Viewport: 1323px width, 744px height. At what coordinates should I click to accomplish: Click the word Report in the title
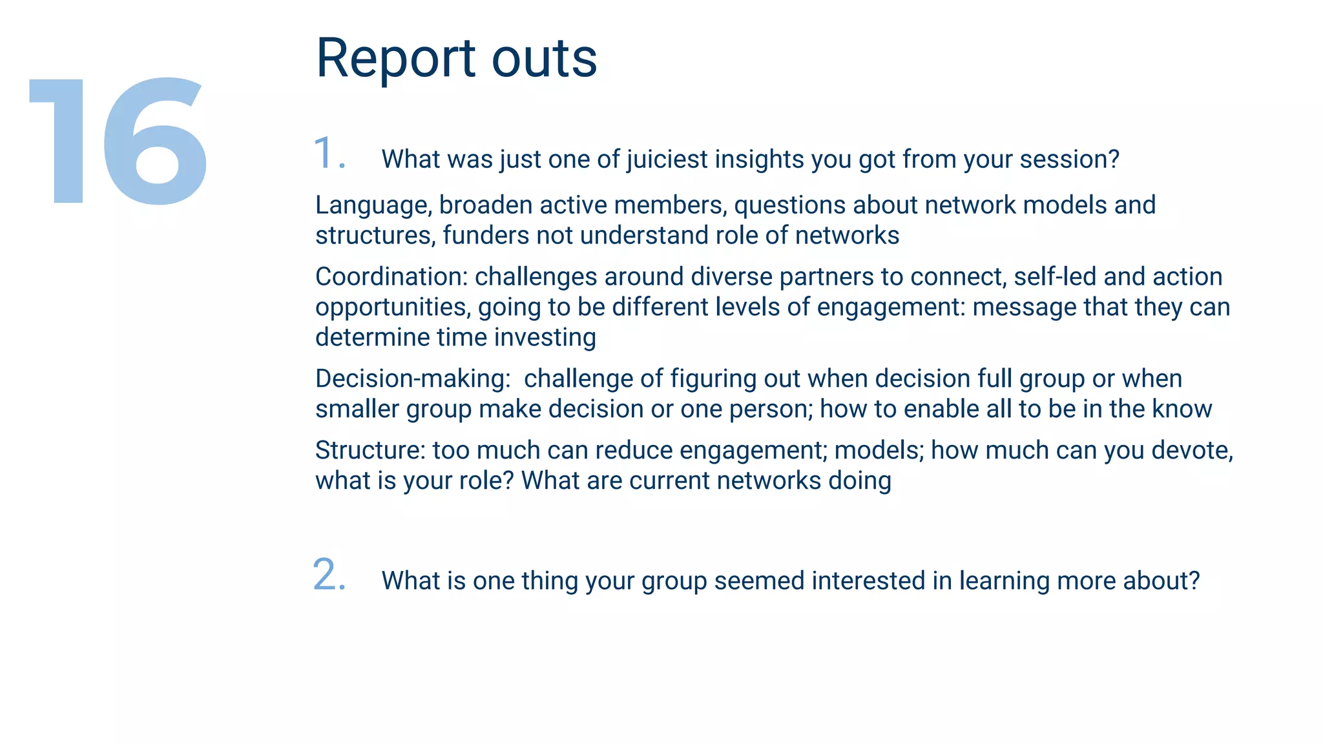(x=395, y=59)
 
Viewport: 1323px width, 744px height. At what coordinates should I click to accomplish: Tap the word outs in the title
(x=544, y=59)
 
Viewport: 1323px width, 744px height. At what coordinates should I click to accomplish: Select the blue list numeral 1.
(x=328, y=154)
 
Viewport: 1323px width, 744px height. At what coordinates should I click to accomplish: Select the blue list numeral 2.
(x=328, y=574)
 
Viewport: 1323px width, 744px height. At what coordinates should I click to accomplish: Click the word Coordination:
(x=391, y=277)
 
